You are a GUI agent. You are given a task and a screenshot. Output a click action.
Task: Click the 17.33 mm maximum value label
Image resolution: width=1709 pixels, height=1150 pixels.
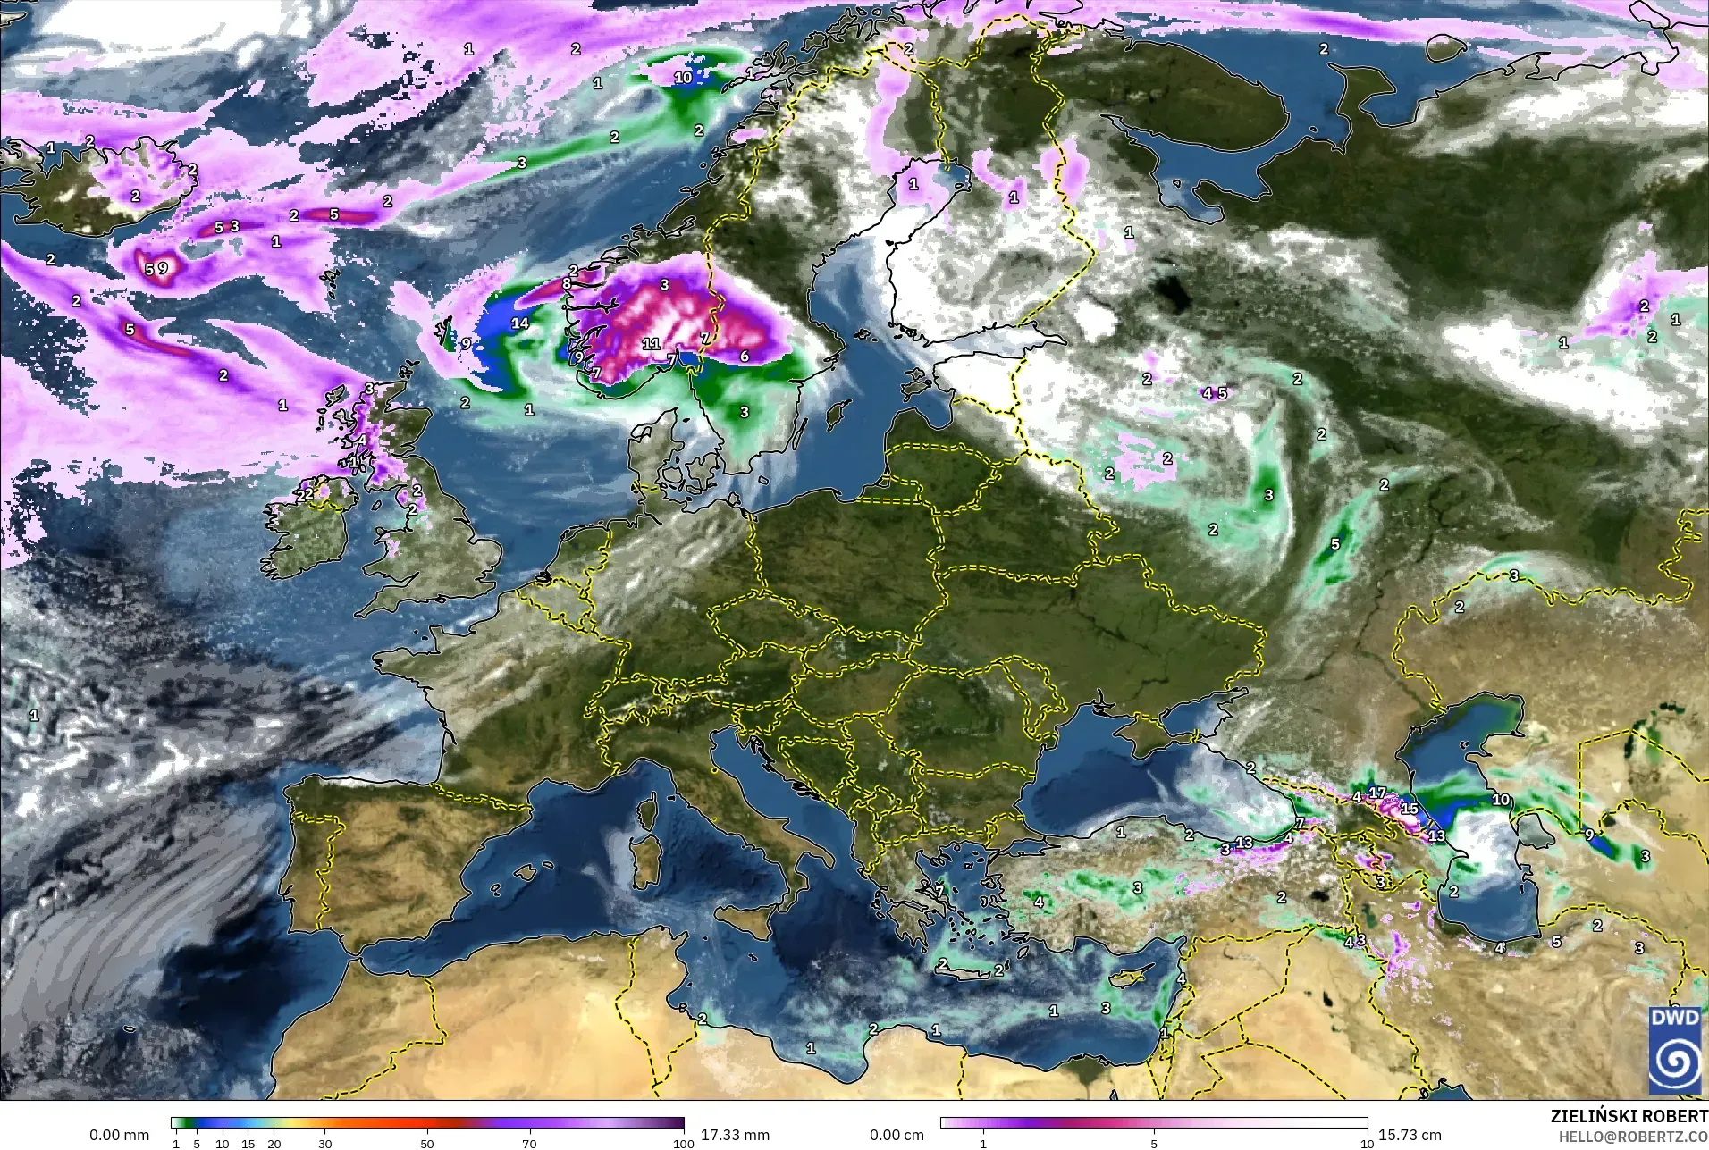pos(735,1135)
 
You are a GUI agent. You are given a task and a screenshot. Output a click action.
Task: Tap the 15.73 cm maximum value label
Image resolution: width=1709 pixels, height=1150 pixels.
pos(1410,1135)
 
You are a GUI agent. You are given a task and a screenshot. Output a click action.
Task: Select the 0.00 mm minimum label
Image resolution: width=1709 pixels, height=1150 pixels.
pos(119,1135)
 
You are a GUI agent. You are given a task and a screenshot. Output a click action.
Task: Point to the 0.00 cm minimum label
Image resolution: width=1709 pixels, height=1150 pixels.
pos(897,1135)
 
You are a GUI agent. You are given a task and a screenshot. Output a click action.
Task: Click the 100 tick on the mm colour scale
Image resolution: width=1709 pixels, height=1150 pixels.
pos(684,1143)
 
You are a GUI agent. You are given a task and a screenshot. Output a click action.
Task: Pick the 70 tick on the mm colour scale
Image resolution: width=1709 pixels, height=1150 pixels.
pos(529,1143)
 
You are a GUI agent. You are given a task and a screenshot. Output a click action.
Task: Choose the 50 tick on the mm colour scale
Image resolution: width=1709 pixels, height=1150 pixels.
pos(427,1143)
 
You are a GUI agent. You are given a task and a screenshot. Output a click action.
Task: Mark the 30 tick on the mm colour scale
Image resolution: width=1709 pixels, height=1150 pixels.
pos(325,1143)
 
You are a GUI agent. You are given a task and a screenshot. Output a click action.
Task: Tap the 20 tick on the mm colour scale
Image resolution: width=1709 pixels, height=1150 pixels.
pos(274,1143)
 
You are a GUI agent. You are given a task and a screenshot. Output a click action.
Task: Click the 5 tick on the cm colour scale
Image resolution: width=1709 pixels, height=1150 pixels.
pos(1154,1143)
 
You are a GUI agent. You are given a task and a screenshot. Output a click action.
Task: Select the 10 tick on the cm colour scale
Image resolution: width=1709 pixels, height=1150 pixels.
pos(1367,1143)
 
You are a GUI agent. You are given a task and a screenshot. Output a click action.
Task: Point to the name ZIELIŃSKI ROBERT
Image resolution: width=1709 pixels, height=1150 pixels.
pos(1629,1117)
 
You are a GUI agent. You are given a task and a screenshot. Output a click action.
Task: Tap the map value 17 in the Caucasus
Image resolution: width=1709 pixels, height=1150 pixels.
pos(1377,793)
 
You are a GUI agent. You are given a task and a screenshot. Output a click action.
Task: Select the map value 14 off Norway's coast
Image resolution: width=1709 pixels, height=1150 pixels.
pos(520,323)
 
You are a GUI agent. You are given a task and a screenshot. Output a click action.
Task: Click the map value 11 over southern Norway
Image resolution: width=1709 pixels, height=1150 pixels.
pos(651,343)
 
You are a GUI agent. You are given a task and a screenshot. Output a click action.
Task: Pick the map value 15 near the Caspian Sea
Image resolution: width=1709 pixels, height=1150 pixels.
pos(1410,809)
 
